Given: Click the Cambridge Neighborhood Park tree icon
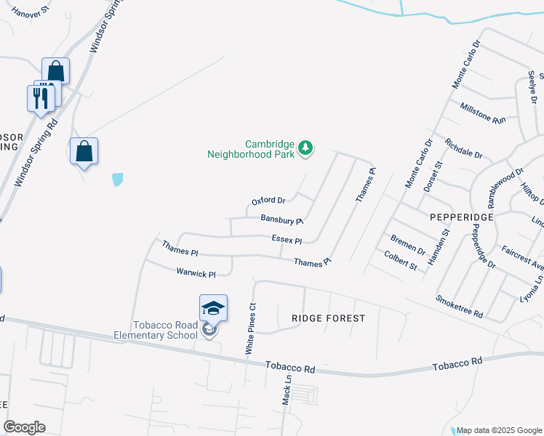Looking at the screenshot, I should point(306,148).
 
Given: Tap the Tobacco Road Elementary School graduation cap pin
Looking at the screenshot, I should point(214,309).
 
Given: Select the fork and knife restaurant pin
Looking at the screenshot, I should point(41,97).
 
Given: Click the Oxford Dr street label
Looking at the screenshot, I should point(268,201).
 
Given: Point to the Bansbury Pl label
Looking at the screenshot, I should point(281,219).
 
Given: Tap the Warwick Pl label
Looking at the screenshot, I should point(196,273).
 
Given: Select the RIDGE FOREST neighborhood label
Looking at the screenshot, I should point(328,318).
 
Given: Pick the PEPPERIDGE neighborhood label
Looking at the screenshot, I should point(463,217).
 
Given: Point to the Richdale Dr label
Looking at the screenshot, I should point(463,148).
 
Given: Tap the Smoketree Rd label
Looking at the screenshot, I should point(460,307).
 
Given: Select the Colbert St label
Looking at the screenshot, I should point(401,261).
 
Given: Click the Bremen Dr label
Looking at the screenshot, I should point(407,245).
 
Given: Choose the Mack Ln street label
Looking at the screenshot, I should point(287,390).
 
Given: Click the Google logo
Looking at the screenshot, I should point(25,427).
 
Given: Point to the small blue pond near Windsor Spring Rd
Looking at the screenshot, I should point(117,178).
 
